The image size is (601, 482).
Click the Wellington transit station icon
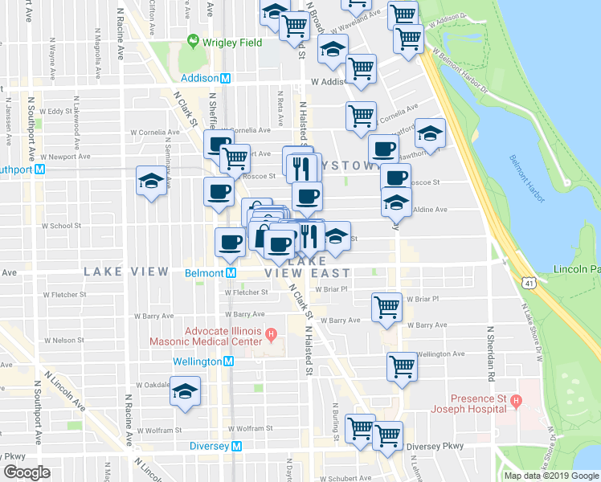(x=228, y=361)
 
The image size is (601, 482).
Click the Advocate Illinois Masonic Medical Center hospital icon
(x=272, y=333)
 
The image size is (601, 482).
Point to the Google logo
(x=27, y=472)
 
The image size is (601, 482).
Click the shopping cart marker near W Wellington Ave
(x=402, y=366)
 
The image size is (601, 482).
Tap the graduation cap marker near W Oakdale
(x=186, y=391)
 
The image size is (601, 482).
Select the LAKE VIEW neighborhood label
(x=126, y=272)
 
